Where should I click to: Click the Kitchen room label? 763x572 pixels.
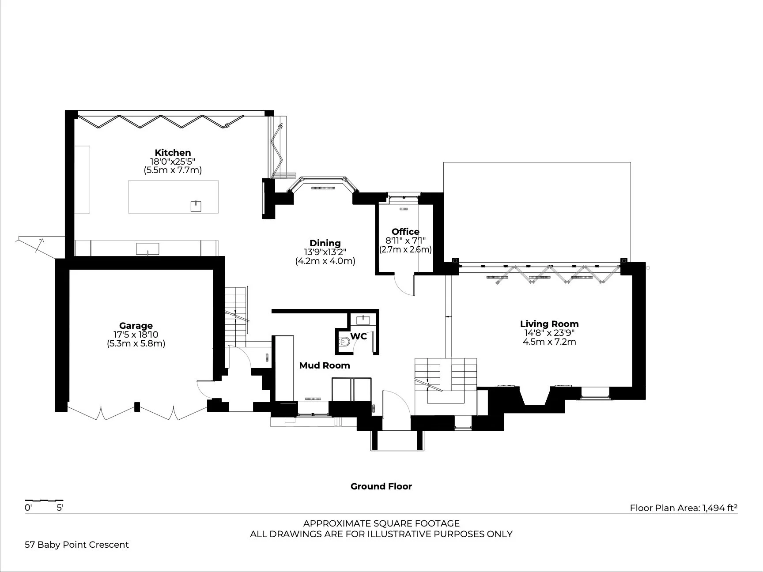point(173,153)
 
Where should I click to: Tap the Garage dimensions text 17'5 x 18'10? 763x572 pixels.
point(136,335)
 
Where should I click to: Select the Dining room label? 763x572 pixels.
point(325,243)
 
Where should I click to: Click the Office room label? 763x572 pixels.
point(405,231)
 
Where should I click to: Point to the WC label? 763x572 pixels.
point(359,336)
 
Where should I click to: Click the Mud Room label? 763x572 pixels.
point(325,365)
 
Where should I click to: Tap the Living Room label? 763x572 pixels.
point(549,324)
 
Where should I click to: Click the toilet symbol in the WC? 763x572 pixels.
point(344,341)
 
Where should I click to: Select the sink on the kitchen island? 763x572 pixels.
point(196,206)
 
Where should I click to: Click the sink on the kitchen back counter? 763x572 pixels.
point(147,249)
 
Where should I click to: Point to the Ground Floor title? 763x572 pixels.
point(381,486)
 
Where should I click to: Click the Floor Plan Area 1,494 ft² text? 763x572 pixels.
point(684,508)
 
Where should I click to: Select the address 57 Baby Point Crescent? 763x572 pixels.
point(77,545)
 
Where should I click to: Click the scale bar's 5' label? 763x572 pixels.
point(60,508)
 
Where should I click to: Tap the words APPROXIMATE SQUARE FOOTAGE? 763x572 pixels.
point(381,523)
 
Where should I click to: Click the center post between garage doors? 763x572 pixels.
point(137,406)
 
